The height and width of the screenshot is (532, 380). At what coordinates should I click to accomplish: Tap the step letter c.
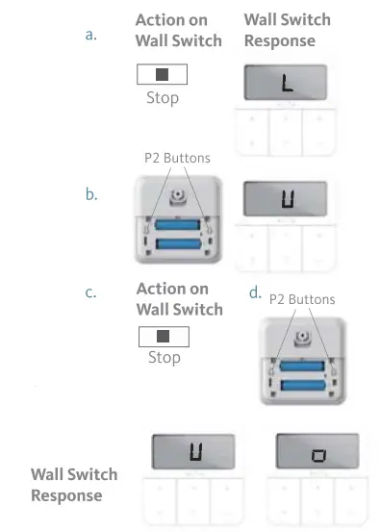(91, 292)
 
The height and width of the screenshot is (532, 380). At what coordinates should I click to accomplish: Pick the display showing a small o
(317, 452)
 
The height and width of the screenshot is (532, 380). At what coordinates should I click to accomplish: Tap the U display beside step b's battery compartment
(286, 200)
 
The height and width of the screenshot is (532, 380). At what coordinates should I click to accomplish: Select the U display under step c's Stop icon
(193, 451)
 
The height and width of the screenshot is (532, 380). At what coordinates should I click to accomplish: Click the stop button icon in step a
(163, 74)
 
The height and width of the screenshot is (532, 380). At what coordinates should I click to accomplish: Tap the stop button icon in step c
(164, 337)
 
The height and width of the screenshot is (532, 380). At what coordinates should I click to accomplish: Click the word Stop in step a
(163, 97)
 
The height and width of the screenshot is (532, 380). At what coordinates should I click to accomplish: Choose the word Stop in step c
(165, 358)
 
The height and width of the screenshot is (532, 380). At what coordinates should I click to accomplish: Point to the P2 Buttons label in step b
(176, 156)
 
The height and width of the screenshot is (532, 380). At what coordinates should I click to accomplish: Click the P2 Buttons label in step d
(302, 299)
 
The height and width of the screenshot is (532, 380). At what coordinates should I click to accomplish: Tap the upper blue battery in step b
(176, 224)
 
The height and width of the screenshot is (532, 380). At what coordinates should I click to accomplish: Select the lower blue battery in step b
(176, 245)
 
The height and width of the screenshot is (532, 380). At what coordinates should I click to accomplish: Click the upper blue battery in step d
(303, 365)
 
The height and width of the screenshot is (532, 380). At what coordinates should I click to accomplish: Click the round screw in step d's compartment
(303, 341)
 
